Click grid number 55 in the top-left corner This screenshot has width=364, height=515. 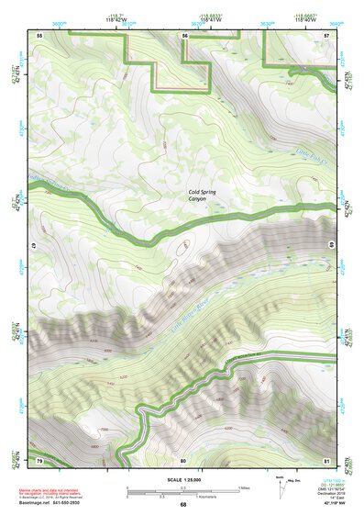[x=39, y=34]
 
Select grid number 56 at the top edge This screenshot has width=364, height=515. [x=184, y=34]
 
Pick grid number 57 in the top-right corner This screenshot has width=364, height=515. [x=326, y=34]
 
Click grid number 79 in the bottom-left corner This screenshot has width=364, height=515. [x=39, y=458]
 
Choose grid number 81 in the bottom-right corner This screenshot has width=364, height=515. [x=326, y=458]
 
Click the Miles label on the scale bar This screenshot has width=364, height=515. [x=243, y=487]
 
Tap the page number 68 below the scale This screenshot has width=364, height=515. [x=182, y=505]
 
